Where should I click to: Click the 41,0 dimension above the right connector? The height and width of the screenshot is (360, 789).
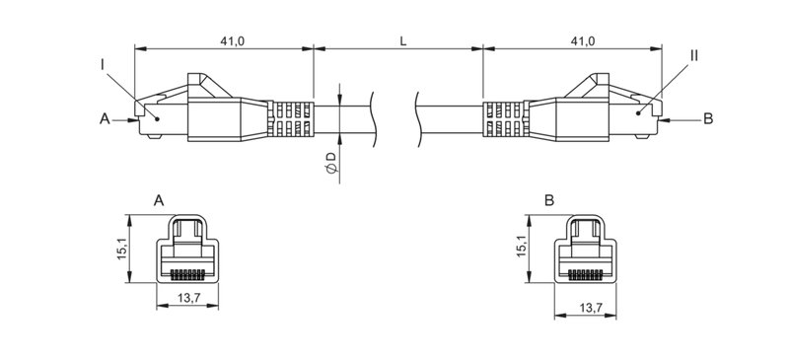click(x=582, y=40)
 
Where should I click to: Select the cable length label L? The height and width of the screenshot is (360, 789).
click(x=402, y=40)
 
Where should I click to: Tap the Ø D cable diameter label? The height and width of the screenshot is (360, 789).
click(x=331, y=164)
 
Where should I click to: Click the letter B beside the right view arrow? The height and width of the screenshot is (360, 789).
click(x=707, y=119)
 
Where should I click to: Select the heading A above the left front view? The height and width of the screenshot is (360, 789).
click(x=159, y=200)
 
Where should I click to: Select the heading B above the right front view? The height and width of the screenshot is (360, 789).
click(x=549, y=200)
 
